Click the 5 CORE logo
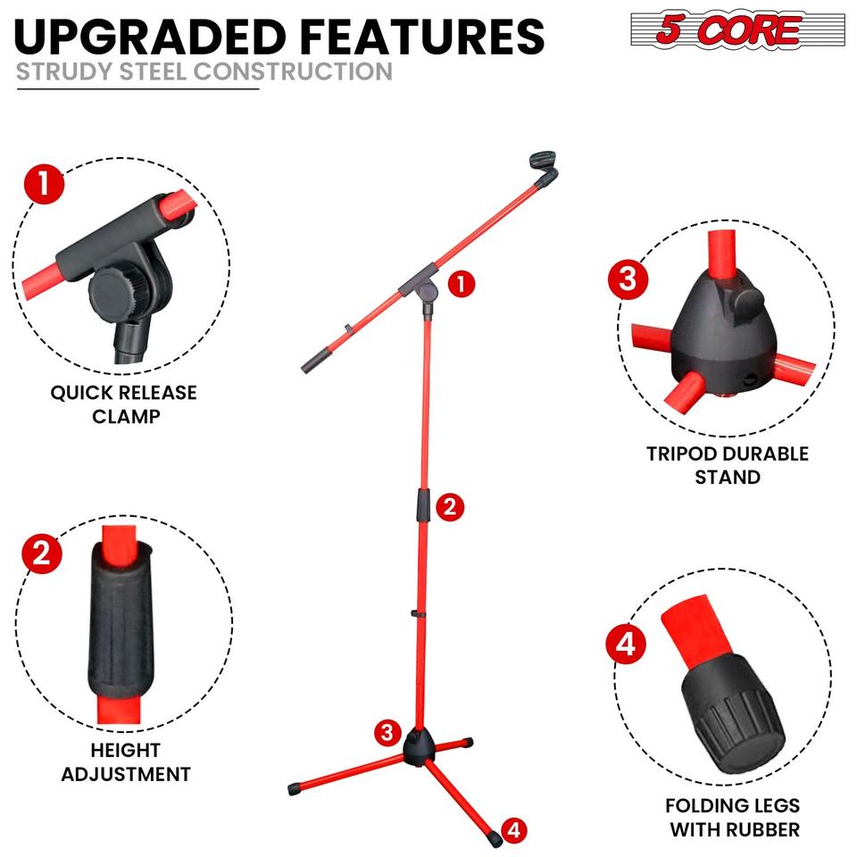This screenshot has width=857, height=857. pos(737,29)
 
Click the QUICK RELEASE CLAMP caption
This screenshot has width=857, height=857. pos(123,404)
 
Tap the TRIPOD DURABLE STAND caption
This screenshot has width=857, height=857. pos(728,465)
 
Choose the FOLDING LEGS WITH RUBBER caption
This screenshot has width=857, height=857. pos(734,817)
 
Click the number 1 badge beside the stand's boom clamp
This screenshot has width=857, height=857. pos(462,284)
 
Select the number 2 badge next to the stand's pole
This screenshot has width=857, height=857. pos(450,507)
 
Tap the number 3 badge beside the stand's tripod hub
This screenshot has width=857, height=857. pos(387,732)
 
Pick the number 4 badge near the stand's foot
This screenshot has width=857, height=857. pos(513,830)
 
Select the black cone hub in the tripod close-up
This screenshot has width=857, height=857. pos(722,332)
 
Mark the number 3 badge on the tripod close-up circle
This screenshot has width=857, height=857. pos(628,279)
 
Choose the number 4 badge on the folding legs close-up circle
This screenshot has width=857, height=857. pos(627,644)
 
